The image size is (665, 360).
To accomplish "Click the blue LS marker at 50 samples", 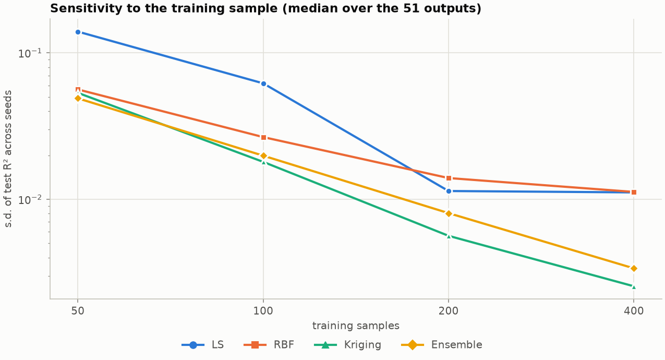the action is (78, 32).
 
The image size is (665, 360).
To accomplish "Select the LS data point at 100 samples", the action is (263, 84).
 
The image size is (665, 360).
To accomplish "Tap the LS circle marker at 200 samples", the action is (449, 191).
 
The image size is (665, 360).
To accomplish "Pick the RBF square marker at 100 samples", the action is (263, 138).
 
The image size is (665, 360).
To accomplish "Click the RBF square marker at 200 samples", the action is (449, 178).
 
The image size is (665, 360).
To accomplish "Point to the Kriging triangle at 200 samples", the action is (449, 236).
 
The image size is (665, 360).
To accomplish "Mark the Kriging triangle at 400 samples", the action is (634, 287).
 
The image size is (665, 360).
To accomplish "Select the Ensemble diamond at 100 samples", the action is (263, 156).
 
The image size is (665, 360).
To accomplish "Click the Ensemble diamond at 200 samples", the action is (449, 213).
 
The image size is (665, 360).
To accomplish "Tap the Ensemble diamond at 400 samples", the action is (634, 269).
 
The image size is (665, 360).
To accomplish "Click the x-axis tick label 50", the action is (78, 311).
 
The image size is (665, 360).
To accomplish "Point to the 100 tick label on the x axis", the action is (263, 311).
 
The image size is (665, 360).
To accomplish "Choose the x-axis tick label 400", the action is (634, 311).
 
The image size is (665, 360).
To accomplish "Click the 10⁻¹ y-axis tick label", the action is (30, 53).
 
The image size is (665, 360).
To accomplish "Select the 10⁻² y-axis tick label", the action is (30, 200).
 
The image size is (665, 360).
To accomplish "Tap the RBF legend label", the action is (284, 345).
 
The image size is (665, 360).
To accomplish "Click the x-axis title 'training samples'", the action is (356, 326).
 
